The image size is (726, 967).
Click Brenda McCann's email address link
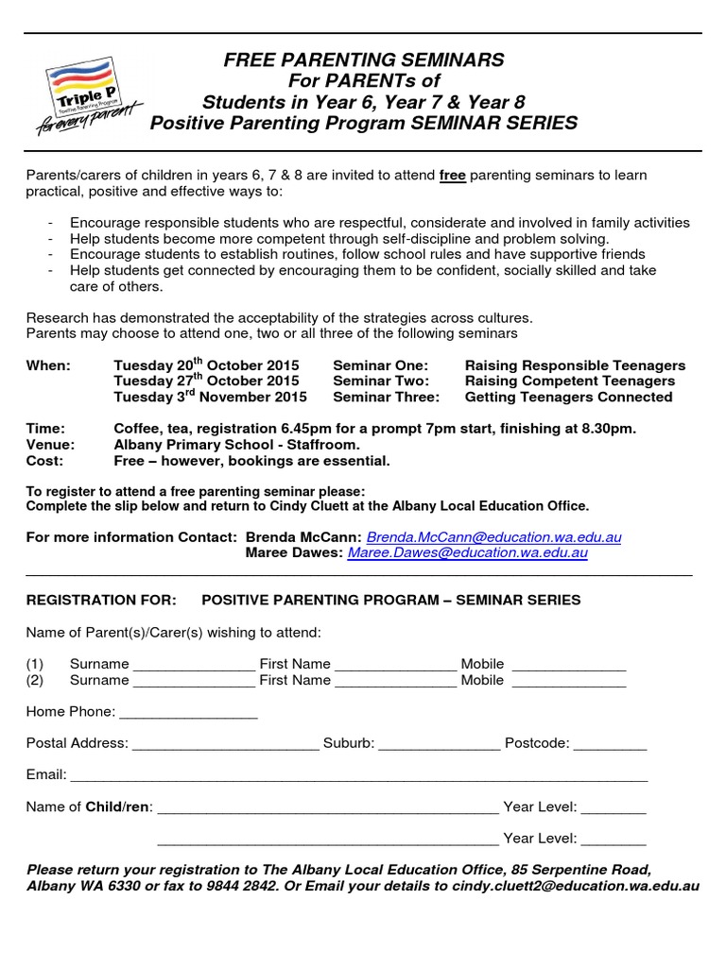[x=493, y=536]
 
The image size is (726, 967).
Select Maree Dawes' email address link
[x=468, y=553]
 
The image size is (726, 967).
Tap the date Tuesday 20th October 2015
[x=206, y=365]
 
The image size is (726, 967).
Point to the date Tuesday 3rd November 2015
[x=210, y=398]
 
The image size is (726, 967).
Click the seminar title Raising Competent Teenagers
[x=570, y=382]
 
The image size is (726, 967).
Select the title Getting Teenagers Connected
[x=569, y=398]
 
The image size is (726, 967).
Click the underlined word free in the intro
[x=453, y=176]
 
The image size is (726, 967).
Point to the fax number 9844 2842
[x=247, y=886]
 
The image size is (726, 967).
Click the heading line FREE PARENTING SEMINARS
[x=364, y=60]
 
